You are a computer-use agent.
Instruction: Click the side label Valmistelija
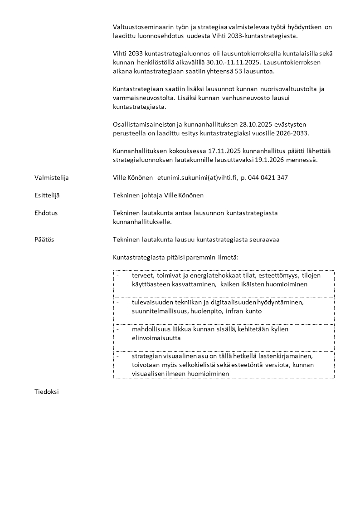51,177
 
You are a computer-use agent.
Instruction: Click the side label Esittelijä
47,195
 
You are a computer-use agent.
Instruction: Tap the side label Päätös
44,239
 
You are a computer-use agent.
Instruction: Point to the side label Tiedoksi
47,392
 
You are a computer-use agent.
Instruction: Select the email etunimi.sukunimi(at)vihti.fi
196,177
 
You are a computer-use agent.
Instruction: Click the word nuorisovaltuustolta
270,89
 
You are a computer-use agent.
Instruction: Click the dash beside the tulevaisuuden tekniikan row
118,302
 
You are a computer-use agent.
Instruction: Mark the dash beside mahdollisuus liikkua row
118,329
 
